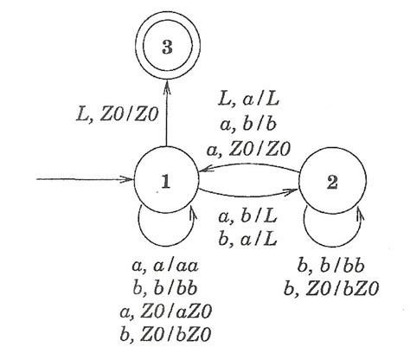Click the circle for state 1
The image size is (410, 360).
coord(163,182)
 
